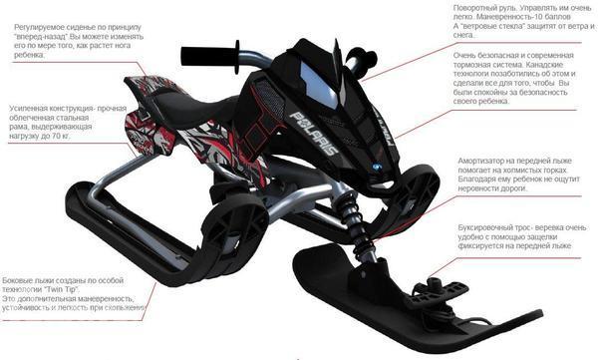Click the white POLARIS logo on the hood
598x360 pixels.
click(314, 133)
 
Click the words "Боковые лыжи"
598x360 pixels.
click(27, 280)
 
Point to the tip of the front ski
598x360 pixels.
click(541, 312)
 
